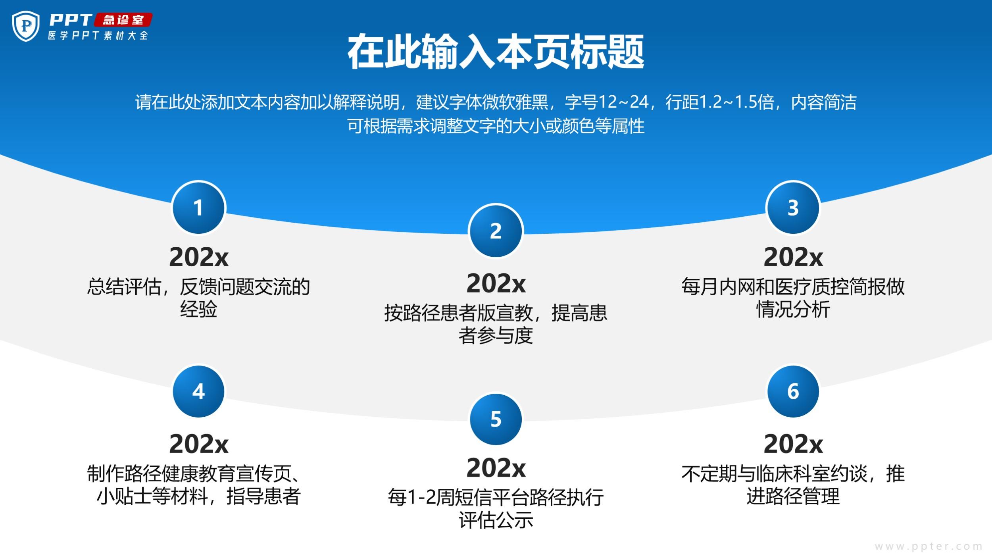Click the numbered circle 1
click(198, 208)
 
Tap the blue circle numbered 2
click(496, 231)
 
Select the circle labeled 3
click(793, 208)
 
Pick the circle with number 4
click(198, 391)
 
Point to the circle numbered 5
click(496, 419)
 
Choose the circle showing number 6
click(793, 391)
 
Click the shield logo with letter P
click(26, 26)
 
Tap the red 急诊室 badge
click(123, 20)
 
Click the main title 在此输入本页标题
click(496, 52)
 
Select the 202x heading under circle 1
click(199, 257)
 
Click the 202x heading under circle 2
click(496, 283)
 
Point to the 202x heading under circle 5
click(496, 468)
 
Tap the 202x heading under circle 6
click(793, 444)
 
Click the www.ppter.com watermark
click(929, 546)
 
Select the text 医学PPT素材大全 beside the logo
click(98, 35)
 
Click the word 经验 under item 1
click(198, 309)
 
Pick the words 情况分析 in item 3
click(793, 309)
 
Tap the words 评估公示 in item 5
click(496, 520)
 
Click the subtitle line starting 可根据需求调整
click(496, 126)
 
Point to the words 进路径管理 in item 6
click(793, 496)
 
